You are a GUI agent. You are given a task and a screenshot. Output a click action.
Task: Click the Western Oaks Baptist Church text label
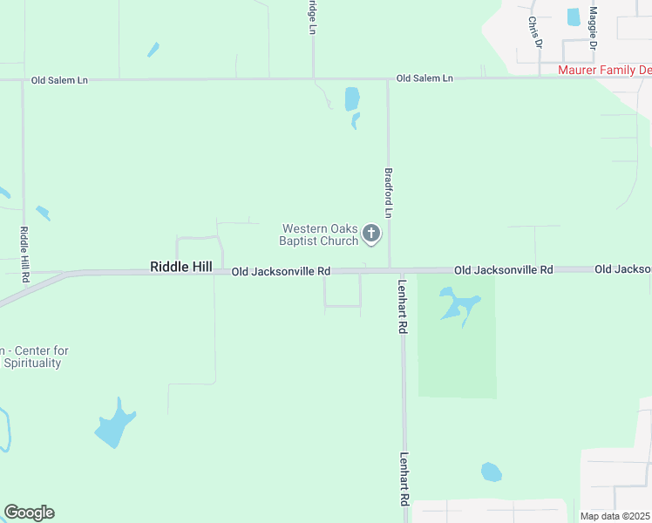click(x=319, y=234)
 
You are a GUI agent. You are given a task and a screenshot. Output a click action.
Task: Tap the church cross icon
click(x=371, y=233)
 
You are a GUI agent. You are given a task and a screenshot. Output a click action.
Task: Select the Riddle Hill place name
click(x=181, y=267)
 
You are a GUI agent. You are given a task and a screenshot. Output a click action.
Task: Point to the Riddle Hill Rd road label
click(x=24, y=254)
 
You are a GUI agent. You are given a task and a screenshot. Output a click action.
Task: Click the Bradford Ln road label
click(x=389, y=194)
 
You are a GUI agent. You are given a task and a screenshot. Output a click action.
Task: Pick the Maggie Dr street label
click(x=593, y=27)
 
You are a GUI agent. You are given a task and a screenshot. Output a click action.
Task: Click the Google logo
click(x=29, y=513)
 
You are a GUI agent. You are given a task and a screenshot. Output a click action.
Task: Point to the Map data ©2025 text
click(x=615, y=516)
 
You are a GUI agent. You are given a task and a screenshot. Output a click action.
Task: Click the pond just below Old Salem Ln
click(x=352, y=98)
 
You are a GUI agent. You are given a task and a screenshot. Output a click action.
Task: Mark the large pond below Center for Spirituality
click(x=116, y=425)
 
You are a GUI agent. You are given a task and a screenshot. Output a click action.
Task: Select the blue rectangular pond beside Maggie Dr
click(x=574, y=17)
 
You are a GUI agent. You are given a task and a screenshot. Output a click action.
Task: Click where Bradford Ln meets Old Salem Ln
click(x=388, y=79)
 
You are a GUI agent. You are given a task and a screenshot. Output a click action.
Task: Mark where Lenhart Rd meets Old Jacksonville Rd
click(x=402, y=271)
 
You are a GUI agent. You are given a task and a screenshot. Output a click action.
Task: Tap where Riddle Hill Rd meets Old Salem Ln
click(x=23, y=80)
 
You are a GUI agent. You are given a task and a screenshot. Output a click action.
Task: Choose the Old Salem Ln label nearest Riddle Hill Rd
click(x=59, y=79)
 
